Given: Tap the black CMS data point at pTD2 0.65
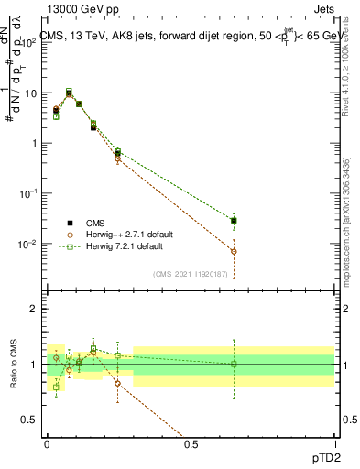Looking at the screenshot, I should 234,221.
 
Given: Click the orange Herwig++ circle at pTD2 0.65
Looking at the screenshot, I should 234,251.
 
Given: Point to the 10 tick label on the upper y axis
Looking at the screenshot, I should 32,93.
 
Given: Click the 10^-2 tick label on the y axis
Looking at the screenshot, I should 29,245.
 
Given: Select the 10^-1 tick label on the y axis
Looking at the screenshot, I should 29,194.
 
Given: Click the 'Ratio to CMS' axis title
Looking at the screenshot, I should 12,364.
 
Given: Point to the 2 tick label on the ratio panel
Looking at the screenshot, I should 37,310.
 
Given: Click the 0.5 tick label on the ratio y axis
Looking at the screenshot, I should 33,419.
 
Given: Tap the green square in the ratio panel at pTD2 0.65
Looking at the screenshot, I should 234,364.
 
